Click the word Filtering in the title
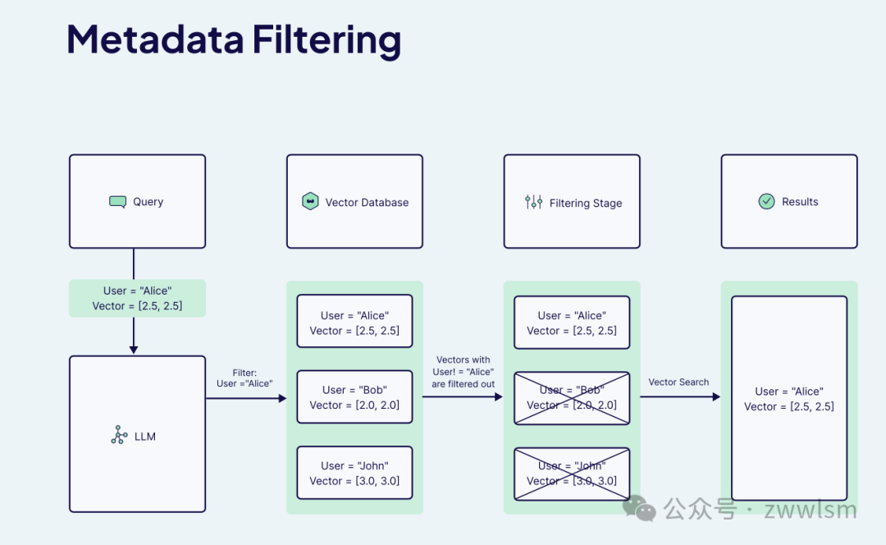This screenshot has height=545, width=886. click(x=327, y=41)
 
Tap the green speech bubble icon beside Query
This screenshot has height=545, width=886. click(x=117, y=202)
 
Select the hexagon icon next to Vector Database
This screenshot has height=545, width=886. click(x=310, y=201)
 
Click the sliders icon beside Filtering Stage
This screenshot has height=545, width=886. click(x=533, y=202)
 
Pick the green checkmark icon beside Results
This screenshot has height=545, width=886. click(x=766, y=201)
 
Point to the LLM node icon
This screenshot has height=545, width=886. click(x=119, y=435)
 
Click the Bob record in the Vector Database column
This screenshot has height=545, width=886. click(x=355, y=397)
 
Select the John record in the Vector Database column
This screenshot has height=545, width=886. click(x=355, y=473)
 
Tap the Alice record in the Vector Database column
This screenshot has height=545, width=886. click(x=355, y=321)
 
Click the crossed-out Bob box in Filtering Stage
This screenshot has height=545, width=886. click(x=572, y=398)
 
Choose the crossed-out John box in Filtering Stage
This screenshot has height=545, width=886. click(x=572, y=474)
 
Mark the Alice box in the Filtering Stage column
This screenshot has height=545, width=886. click(x=572, y=323)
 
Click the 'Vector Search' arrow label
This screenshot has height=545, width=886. click(x=678, y=382)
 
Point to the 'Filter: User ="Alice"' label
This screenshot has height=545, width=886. click(x=244, y=378)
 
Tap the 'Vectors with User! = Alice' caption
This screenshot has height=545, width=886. click(x=464, y=372)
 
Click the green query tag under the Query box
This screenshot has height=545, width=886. click(x=137, y=298)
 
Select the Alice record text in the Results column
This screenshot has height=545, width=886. click(x=789, y=399)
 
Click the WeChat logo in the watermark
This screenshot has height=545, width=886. click(x=639, y=508)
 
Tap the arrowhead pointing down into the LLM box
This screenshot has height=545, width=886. click(x=134, y=350)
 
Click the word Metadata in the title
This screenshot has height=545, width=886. click(x=155, y=40)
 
